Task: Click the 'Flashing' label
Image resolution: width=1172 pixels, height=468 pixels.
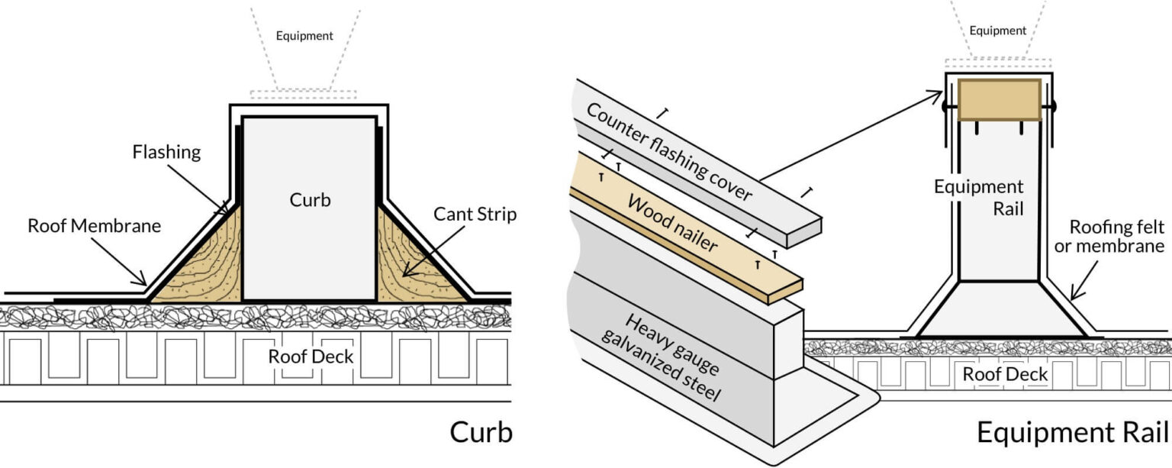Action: click(x=166, y=152)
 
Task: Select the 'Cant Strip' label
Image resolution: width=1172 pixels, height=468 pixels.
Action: click(x=475, y=215)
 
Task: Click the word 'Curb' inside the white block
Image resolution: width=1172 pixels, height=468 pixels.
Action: click(x=309, y=200)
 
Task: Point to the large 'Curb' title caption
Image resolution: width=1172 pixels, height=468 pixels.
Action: click(x=481, y=432)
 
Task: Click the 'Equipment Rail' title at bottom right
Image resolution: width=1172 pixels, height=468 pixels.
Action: click(x=1072, y=432)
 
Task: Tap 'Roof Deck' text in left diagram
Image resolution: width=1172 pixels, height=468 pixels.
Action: click(x=311, y=357)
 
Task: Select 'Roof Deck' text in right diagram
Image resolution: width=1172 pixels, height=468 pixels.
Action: click(x=1005, y=374)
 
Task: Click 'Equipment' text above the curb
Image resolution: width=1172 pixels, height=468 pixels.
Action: click(x=304, y=36)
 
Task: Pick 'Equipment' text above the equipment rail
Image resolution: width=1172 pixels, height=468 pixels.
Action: click(x=998, y=31)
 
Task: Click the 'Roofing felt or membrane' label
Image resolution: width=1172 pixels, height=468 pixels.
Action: click(x=1116, y=237)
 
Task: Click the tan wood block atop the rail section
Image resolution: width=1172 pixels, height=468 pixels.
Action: click(x=999, y=99)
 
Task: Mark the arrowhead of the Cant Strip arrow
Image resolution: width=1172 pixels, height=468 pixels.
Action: click(x=405, y=275)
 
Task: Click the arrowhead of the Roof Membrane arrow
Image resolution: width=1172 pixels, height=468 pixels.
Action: click(x=145, y=285)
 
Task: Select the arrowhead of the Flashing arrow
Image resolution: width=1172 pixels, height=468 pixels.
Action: click(x=227, y=214)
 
